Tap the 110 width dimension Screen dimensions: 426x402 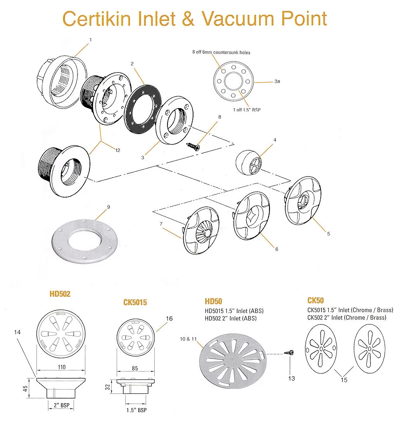click(x=62, y=367)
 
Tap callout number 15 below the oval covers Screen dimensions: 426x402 click(x=344, y=380)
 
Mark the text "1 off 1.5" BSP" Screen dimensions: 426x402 click(x=247, y=110)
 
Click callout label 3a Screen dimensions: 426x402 click(x=277, y=82)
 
